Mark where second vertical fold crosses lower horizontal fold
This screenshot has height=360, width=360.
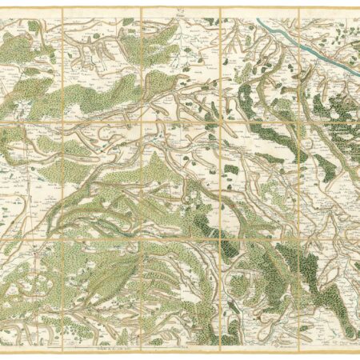click(142, 238)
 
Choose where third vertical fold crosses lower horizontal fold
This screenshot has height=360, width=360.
click(220, 238)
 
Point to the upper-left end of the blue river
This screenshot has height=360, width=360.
click(258, 22)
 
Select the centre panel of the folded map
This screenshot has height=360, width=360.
click(181, 180)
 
